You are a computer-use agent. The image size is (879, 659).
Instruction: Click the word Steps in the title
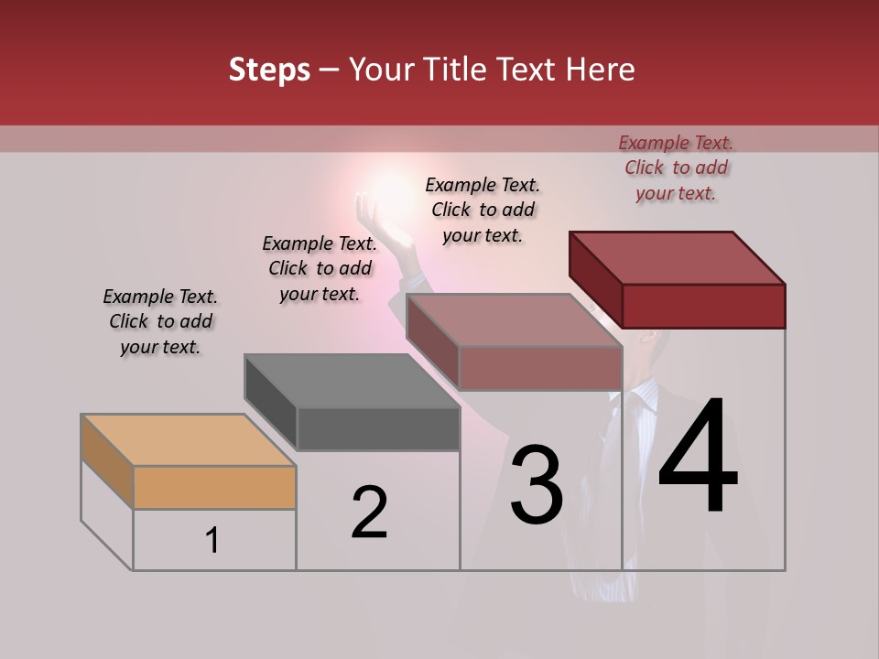pos(269,70)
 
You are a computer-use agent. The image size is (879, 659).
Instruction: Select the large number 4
pos(698,458)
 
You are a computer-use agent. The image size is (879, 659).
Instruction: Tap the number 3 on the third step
pos(536,485)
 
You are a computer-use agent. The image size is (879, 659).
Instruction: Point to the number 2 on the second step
pos(369,513)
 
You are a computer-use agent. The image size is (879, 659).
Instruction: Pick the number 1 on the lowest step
pos(212,540)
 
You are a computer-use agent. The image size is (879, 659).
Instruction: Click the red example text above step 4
pos(676,167)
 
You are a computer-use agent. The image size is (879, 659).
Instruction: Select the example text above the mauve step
pos(483,210)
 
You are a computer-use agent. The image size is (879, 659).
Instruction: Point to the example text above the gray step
pos(320,268)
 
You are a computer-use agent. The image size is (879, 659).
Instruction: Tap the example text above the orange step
pos(160,321)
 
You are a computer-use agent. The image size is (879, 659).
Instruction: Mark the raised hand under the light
pos(374,220)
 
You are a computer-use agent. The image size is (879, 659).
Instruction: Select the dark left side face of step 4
pos(595,279)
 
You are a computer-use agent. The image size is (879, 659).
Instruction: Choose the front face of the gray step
pos(378,429)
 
